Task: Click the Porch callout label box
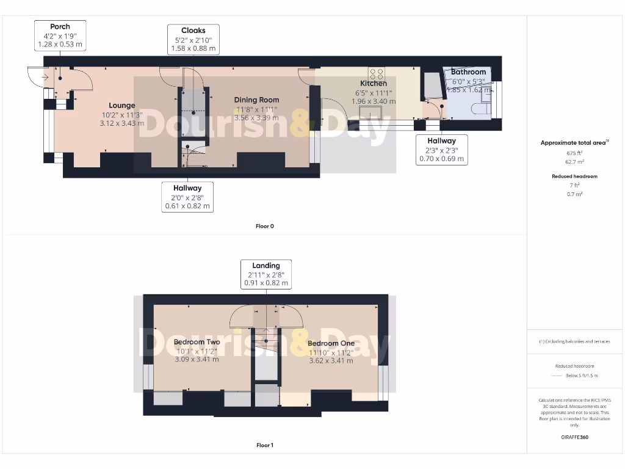(60, 35)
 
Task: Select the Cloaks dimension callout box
(193, 40)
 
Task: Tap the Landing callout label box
(266, 274)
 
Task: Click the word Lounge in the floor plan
(122, 106)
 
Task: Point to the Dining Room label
(256, 100)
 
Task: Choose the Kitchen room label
(373, 84)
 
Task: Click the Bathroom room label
(468, 72)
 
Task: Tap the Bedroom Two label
(197, 342)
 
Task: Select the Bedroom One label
(331, 343)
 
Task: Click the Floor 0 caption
(265, 227)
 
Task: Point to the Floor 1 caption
(265, 445)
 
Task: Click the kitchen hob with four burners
(377, 74)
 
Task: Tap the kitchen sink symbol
(370, 114)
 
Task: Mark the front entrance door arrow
(44, 78)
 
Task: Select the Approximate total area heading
(574, 143)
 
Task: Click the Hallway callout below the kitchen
(441, 150)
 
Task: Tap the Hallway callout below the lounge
(187, 197)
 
